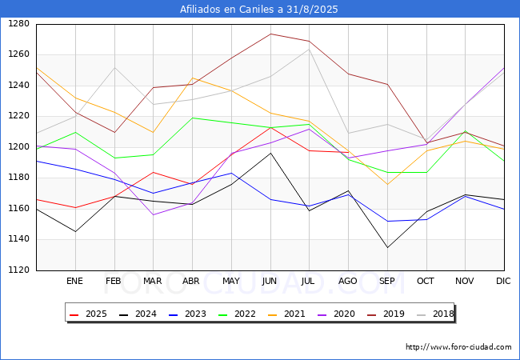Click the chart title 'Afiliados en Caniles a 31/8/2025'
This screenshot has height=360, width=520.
coord(260,10)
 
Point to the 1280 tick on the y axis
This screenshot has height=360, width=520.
coord(18,24)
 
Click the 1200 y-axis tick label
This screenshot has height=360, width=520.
coord(18,147)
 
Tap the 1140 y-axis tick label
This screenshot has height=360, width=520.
coord(18,239)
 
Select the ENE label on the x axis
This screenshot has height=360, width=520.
coord(74,281)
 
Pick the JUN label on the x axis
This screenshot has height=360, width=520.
coord(270,281)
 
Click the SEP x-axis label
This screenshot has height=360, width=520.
coord(387,281)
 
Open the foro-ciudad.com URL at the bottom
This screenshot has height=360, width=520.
coord(458,347)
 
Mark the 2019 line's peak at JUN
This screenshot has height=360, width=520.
coord(270,34)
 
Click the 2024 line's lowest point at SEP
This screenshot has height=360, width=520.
coord(387,247)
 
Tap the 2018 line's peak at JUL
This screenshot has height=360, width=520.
coord(309,50)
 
